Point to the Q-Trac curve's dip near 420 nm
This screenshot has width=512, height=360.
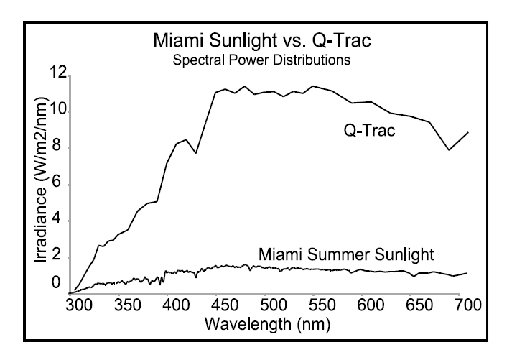coord(195,153)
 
